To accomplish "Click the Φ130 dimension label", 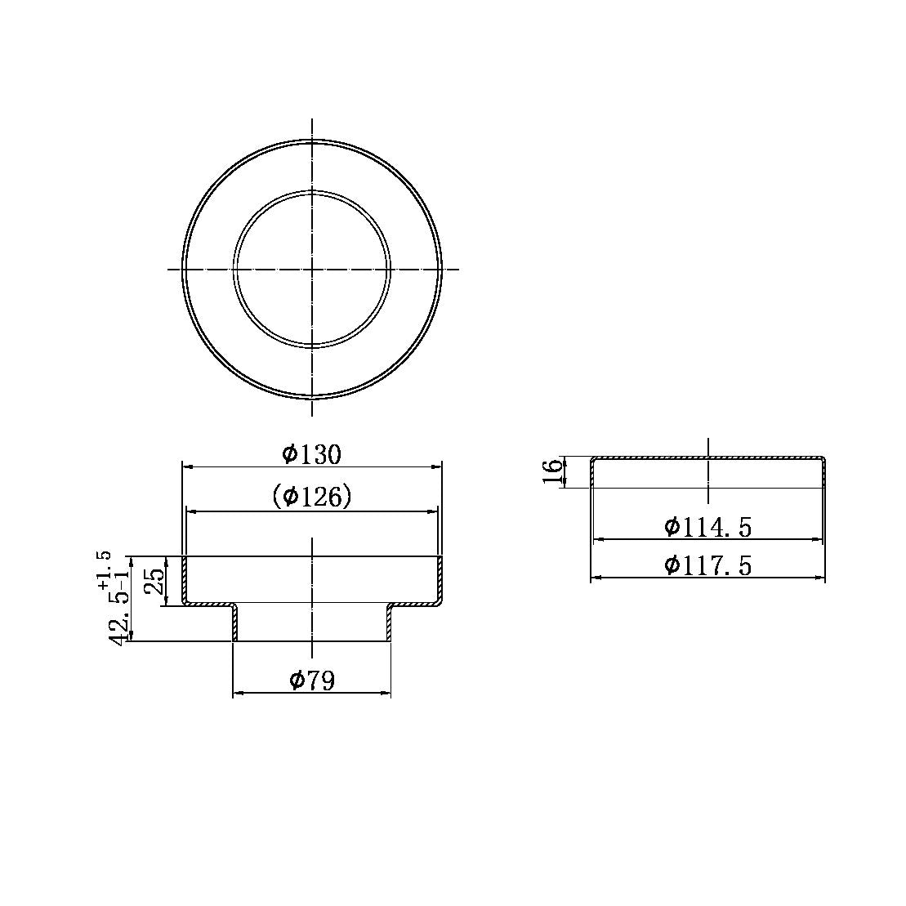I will tap(311, 454).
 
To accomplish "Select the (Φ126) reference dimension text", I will tap(311, 496).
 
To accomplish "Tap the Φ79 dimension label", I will tap(311, 680).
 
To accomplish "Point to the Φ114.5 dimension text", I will tap(707, 527).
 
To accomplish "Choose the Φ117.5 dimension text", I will tap(707, 565).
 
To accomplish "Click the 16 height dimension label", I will tap(554, 471).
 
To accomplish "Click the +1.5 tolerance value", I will tap(104, 571).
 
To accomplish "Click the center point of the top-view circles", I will tap(312, 269).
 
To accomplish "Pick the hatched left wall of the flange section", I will tap(185, 578).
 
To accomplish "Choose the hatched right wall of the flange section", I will tap(440, 578).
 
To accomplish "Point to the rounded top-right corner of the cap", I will tap(823, 459).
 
